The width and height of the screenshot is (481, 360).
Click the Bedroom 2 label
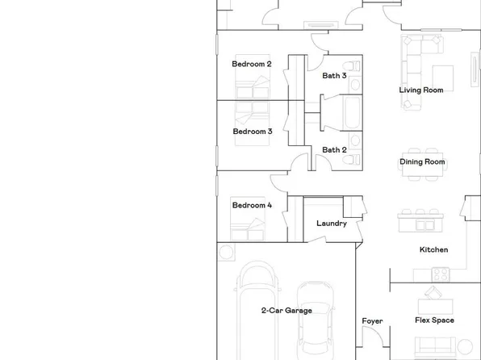[252, 64]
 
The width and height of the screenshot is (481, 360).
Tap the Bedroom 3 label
[253, 131]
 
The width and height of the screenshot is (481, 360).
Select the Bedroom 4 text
[252, 205]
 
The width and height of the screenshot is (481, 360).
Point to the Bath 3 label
[334, 76]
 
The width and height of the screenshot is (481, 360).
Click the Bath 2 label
[334, 149]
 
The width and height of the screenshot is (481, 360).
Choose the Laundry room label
[331, 224]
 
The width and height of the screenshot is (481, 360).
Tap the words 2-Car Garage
[286, 310]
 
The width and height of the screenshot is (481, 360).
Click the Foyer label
[372, 321]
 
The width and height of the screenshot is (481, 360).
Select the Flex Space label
[434, 320]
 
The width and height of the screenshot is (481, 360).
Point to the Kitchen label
[433, 249]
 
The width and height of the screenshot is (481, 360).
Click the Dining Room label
[422, 161]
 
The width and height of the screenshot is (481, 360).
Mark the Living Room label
[420, 90]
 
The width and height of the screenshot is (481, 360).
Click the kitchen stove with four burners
[439, 274]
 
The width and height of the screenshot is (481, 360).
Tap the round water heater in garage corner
[226, 252]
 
